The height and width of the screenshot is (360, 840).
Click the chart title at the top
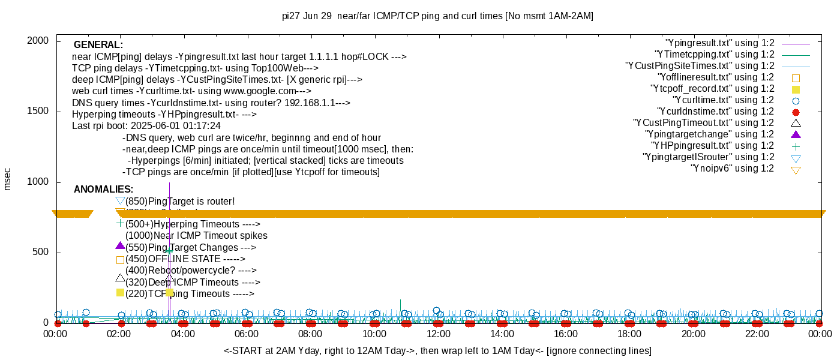coord(437,16)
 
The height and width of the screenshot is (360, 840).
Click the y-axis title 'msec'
coord(8,179)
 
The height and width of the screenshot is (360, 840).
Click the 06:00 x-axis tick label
coord(247,334)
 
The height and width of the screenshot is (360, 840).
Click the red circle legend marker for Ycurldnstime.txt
coord(796,112)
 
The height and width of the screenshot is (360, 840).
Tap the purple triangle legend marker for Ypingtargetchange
coord(796,134)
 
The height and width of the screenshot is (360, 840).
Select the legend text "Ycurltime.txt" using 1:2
coord(723,100)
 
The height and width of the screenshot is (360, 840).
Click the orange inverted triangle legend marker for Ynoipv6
coord(796,169)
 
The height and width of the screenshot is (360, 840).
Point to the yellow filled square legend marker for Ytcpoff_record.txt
coord(796,89)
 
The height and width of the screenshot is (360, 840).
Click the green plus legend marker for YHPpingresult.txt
coord(796,146)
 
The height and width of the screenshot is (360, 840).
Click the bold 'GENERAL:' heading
coord(98,45)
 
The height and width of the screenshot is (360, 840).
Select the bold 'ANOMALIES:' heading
coord(103,190)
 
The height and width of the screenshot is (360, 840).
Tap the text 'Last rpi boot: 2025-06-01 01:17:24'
coord(146,126)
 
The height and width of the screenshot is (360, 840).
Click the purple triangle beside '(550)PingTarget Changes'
coord(120,246)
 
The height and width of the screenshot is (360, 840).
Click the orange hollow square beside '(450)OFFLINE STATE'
coord(120,260)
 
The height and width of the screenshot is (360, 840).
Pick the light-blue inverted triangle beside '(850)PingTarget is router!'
coord(120,201)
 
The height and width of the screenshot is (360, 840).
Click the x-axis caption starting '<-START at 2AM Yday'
coord(437,350)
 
